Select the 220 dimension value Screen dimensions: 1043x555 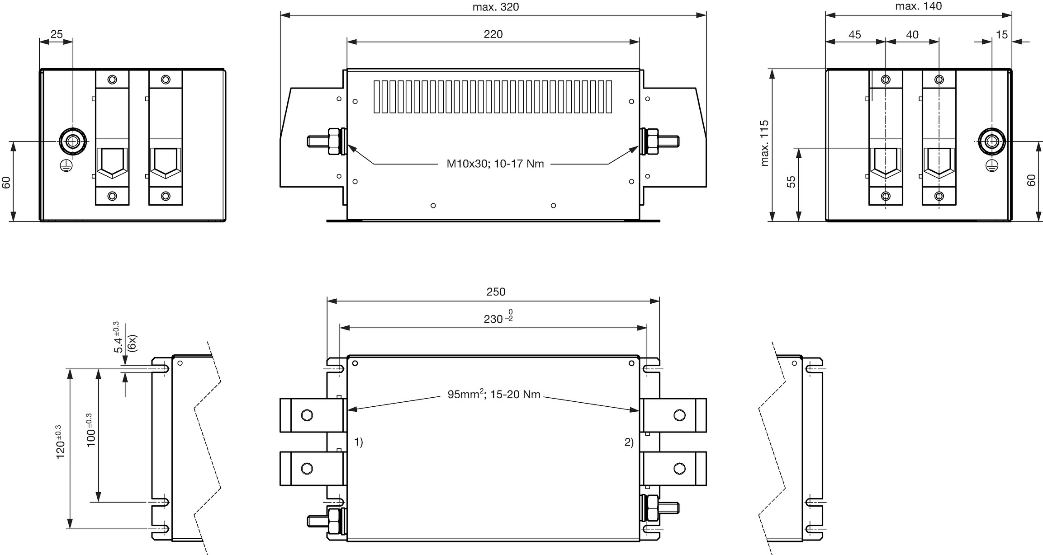point(493,34)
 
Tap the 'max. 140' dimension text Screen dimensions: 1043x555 point(918,6)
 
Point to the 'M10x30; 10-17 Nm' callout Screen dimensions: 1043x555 point(495,164)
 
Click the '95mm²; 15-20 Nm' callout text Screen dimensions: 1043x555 point(494,395)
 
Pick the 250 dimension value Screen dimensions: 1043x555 point(496,292)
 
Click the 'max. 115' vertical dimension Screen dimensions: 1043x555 point(765,143)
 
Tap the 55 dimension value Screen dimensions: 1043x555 point(791,182)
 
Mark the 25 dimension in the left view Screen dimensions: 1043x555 point(57,34)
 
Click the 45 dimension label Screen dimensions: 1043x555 point(855,35)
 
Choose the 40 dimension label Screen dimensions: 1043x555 point(912,35)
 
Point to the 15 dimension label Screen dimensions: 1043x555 point(1002,35)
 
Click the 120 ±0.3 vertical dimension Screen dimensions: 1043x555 point(60,442)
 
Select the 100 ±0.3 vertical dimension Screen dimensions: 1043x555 point(90,430)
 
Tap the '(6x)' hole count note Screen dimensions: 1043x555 point(133,343)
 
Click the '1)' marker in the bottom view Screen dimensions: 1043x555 point(358,442)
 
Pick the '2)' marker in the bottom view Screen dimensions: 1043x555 point(629,442)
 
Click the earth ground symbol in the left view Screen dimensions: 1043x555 point(65,166)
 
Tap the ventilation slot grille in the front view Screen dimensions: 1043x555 point(493,97)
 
